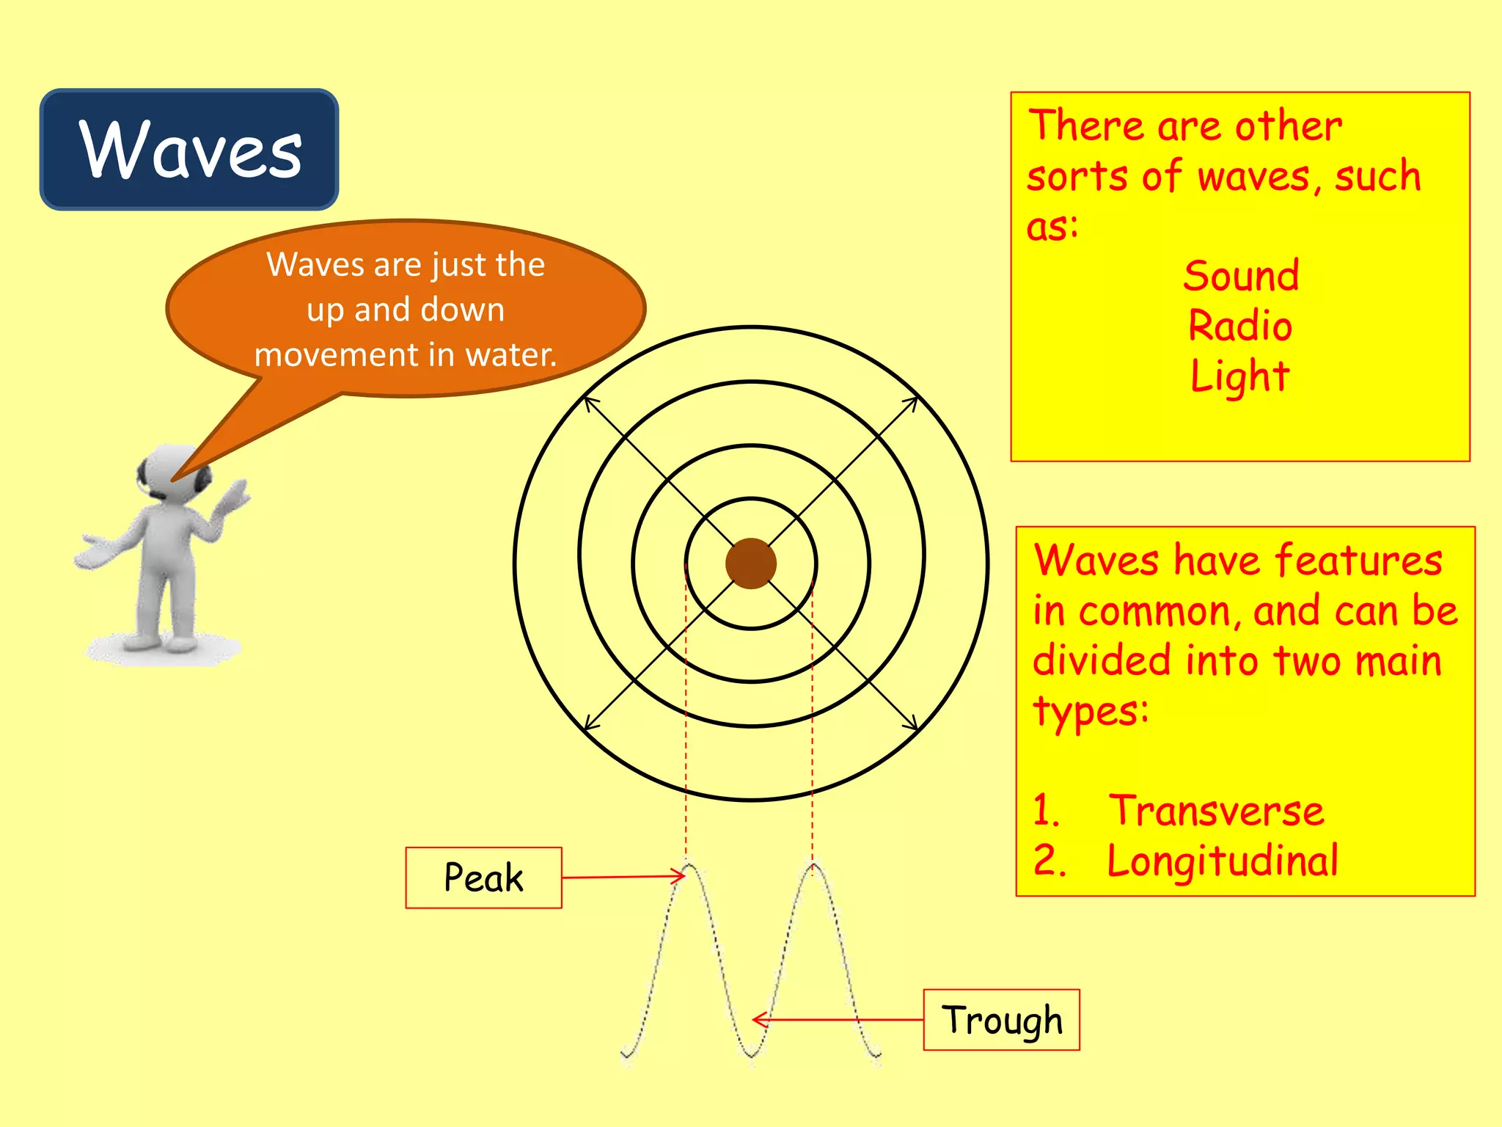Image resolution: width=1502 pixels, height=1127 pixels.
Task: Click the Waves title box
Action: [x=189, y=150]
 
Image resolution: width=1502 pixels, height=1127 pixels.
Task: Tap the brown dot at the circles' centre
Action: [x=750, y=563]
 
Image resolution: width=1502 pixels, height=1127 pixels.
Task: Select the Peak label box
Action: [x=483, y=878]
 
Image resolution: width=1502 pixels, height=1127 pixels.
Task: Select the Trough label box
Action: [x=1001, y=1020]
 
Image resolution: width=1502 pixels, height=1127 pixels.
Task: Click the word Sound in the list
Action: [x=1241, y=276]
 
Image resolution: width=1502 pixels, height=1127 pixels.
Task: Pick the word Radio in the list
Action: [x=1240, y=326]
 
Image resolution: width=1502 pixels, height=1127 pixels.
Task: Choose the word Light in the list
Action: [x=1239, y=376]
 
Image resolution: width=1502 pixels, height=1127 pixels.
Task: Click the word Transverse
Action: [x=1216, y=811]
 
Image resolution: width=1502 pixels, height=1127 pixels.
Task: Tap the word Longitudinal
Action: [x=1222, y=861]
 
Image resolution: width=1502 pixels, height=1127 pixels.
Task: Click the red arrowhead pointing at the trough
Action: [x=758, y=1019]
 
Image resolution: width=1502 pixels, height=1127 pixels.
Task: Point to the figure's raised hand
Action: [x=236, y=495]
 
